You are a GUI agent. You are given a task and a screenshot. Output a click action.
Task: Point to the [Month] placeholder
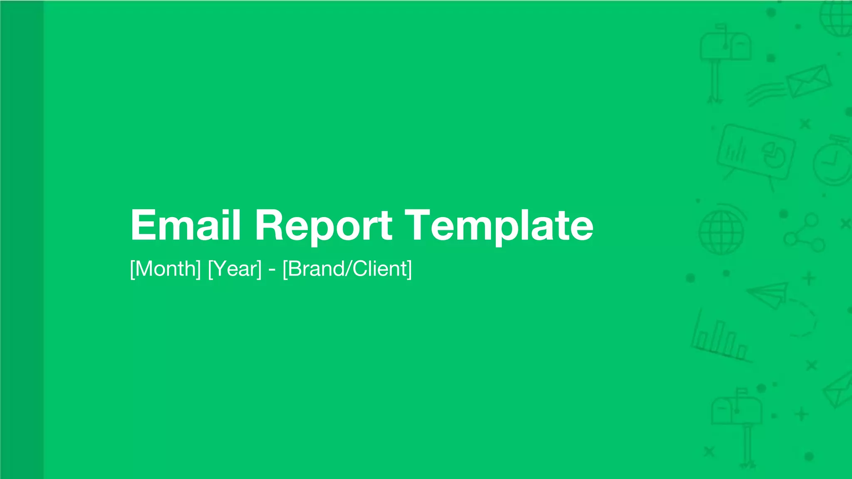[x=166, y=269]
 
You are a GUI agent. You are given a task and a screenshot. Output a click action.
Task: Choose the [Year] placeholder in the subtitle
[x=235, y=269]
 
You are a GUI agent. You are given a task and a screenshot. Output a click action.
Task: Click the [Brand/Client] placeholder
[x=347, y=269]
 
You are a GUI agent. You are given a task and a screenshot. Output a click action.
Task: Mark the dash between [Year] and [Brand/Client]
[x=272, y=269]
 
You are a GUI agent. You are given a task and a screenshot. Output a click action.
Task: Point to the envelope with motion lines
[x=807, y=81]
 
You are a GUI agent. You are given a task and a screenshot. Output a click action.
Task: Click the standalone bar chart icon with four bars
[x=720, y=339]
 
